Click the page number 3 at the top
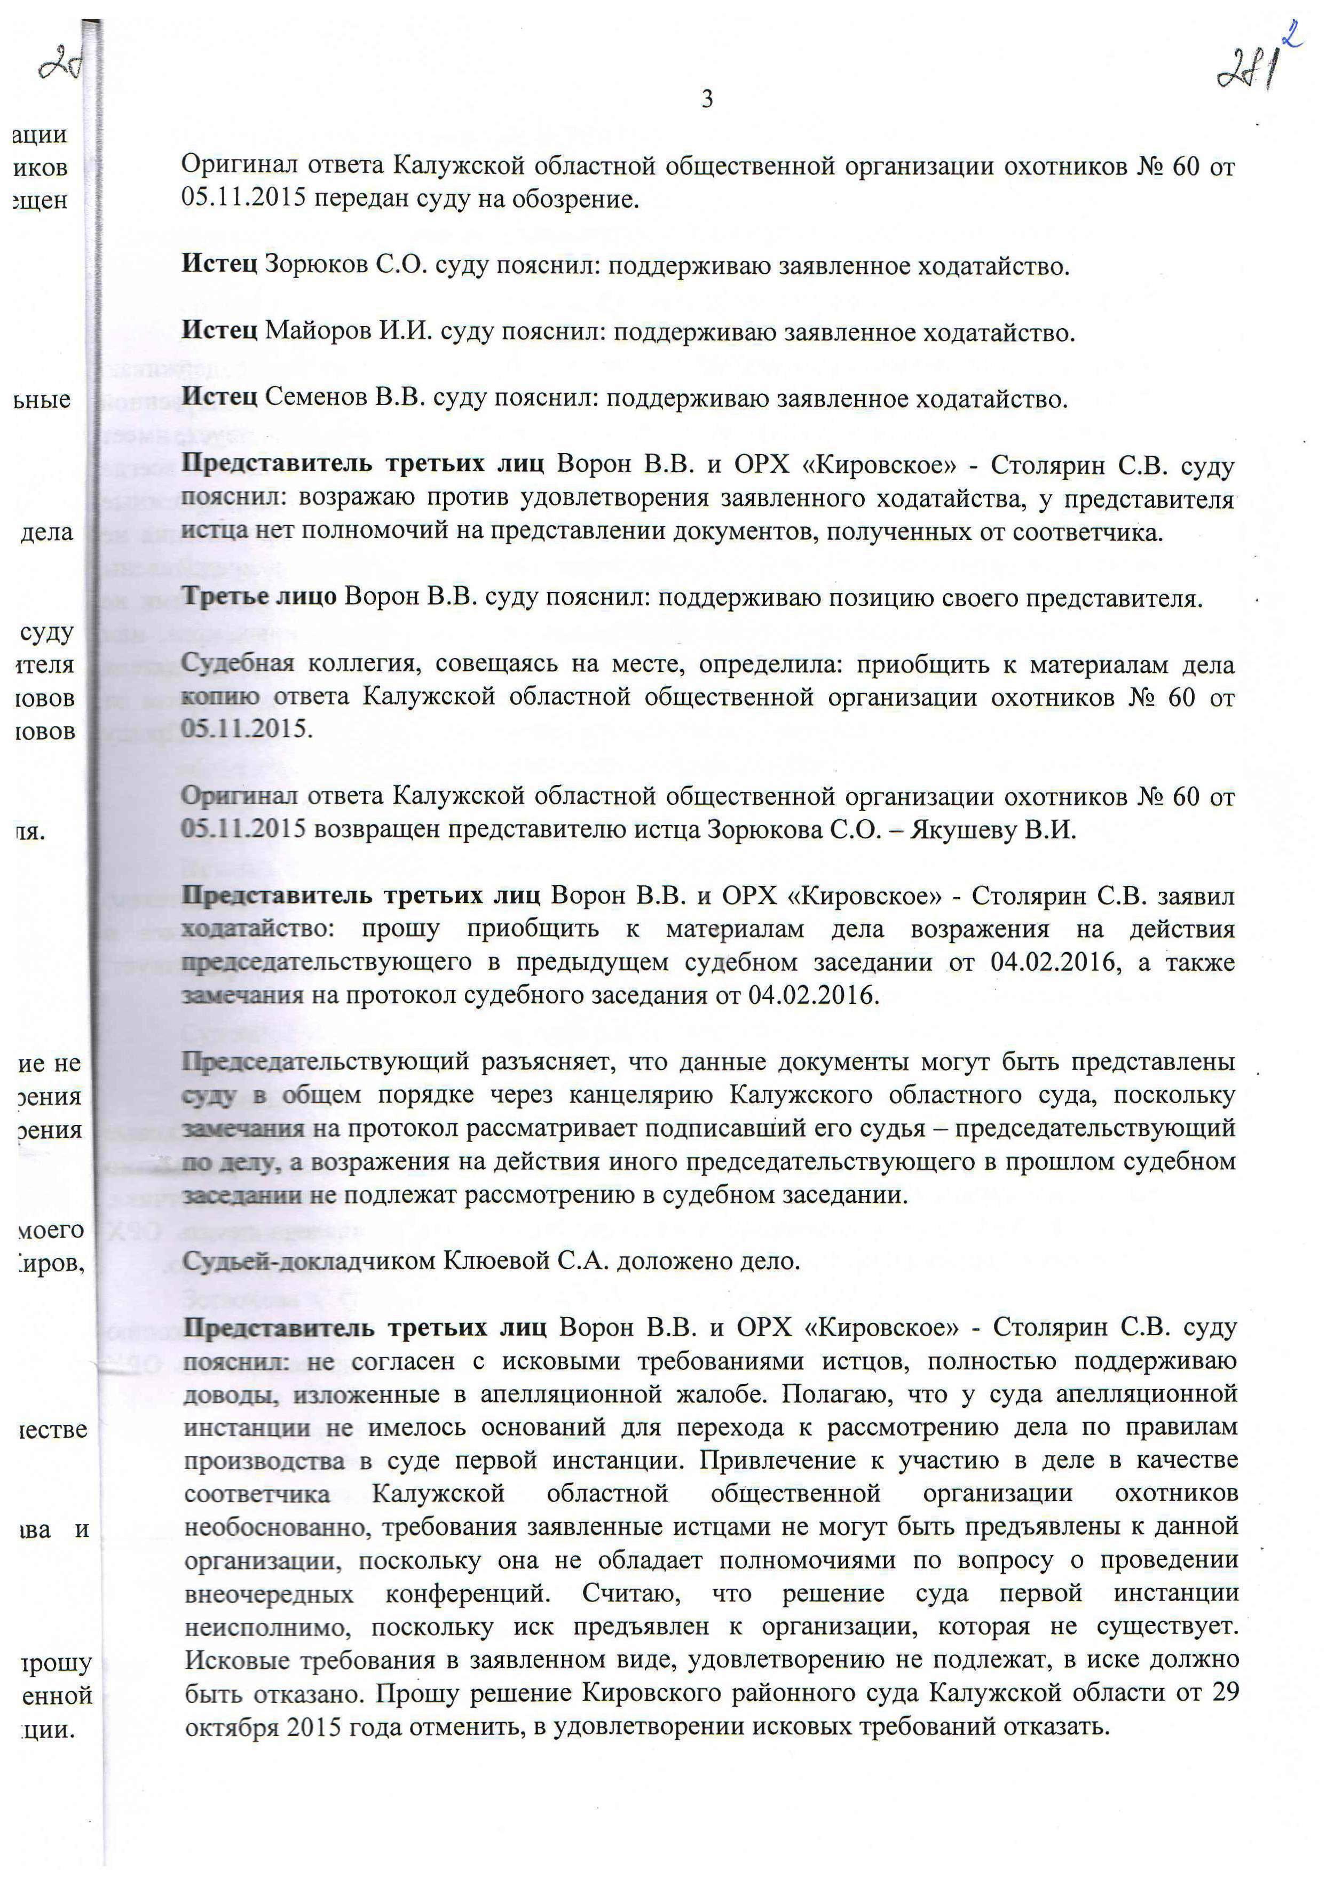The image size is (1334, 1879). pyautogui.click(x=706, y=100)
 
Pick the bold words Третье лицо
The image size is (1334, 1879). pyautogui.click(x=259, y=597)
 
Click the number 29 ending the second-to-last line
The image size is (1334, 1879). pyautogui.click(x=1223, y=1693)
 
